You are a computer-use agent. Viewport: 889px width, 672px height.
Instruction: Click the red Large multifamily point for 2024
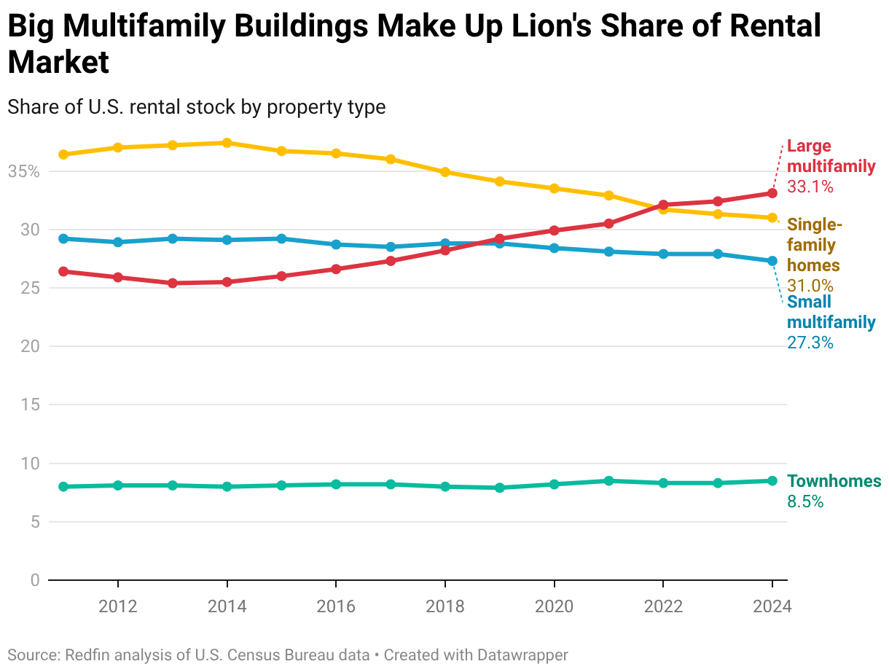(772, 193)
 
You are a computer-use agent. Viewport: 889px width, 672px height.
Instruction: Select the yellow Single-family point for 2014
(227, 143)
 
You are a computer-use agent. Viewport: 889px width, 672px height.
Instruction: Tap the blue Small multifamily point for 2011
(63, 238)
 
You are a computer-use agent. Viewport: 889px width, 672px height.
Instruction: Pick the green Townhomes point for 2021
(608, 481)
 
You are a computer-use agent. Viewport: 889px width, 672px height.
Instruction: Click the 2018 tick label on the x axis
(444, 606)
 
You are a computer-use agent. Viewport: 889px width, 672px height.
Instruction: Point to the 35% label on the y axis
(23, 171)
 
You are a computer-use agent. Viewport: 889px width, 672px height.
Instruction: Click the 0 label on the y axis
(34, 580)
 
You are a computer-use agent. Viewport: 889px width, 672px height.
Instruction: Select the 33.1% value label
(810, 187)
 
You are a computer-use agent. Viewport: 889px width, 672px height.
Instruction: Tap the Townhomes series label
(834, 481)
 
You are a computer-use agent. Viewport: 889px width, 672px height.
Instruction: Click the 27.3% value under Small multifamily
(810, 342)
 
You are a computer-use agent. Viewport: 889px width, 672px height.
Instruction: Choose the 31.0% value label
(810, 286)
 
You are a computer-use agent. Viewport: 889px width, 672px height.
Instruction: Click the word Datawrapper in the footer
(522, 655)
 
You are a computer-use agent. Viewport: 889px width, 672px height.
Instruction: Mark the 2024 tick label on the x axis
(772, 606)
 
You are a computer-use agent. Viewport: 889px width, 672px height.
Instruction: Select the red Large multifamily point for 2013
(173, 283)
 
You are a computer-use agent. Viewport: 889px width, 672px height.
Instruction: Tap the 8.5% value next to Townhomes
(805, 501)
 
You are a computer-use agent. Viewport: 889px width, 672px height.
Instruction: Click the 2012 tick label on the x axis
(117, 606)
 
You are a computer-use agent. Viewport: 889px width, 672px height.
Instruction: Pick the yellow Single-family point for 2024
(772, 218)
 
